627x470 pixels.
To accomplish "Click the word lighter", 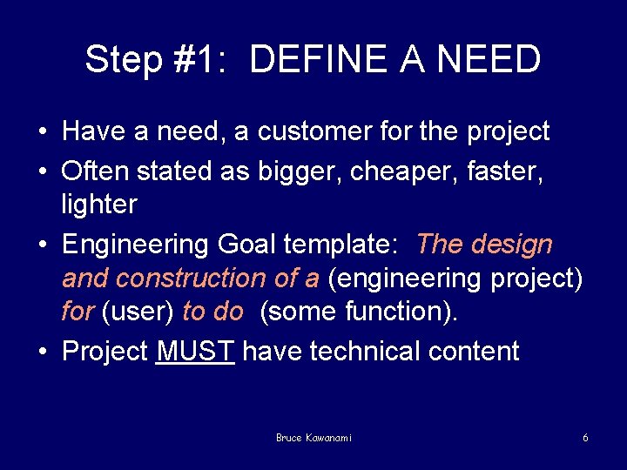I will [99, 205].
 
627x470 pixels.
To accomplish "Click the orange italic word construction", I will [213, 279].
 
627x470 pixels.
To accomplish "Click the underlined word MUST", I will [195, 351].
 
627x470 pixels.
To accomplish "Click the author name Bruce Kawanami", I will [314, 438].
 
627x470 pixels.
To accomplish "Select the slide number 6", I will [585, 438].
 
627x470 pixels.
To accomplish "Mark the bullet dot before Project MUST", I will [43, 351].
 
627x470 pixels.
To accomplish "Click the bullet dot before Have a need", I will [43, 131].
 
